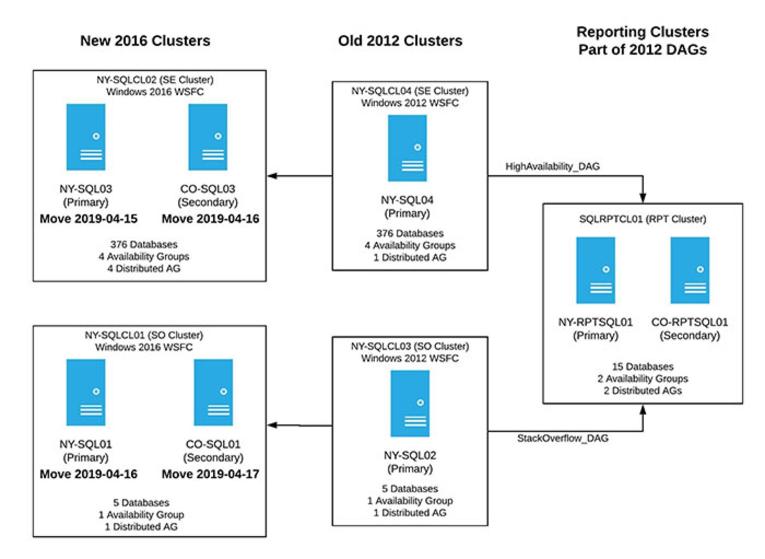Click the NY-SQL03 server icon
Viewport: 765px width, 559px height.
click(x=86, y=137)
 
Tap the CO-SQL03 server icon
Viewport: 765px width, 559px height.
click(x=208, y=137)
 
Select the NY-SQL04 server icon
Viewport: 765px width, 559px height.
click(x=407, y=148)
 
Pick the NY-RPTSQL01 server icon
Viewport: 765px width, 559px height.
click(x=595, y=270)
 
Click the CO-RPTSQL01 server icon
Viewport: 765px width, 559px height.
click(x=690, y=270)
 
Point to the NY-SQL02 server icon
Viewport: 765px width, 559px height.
click(x=410, y=404)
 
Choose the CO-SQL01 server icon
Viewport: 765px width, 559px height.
click(x=213, y=392)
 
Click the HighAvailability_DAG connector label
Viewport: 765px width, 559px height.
click(x=552, y=167)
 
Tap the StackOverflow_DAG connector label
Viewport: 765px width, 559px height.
click(x=563, y=438)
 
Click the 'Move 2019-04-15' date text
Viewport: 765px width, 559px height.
click(x=88, y=219)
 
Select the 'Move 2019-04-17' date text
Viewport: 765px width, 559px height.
click(x=210, y=474)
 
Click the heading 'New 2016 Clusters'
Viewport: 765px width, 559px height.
click(x=145, y=41)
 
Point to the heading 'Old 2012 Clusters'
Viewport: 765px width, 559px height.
click(x=400, y=41)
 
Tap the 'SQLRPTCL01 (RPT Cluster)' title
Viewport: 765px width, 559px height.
click(x=642, y=219)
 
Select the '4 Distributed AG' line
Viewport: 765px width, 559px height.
click(x=143, y=268)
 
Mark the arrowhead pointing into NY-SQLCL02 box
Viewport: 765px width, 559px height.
click(x=272, y=176)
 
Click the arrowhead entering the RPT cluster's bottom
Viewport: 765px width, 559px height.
click(x=643, y=409)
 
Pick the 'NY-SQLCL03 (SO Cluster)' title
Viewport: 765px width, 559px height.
click(x=410, y=346)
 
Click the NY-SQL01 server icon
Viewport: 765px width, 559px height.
click(x=86, y=392)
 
